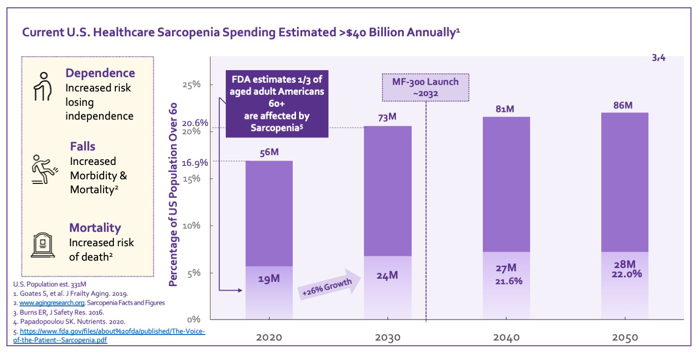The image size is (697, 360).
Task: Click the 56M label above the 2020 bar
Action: (x=269, y=152)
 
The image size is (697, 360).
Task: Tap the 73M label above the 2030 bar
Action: (x=387, y=117)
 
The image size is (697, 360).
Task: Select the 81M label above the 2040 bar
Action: (x=505, y=109)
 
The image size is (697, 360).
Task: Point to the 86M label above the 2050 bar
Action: (x=623, y=105)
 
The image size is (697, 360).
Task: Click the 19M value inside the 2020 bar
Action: (x=269, y=279)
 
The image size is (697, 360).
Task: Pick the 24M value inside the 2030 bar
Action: (x=387, y=275)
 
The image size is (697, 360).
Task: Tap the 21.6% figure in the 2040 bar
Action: (x=506, y=281)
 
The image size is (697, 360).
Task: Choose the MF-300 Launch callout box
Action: (x=425, y=87)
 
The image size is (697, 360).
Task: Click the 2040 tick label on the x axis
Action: (x=506, y=338)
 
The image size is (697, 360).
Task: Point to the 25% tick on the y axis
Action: (x=191, y=85)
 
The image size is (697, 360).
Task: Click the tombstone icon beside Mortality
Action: (x=43, y=245)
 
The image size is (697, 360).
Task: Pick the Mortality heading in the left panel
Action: (x=95, y=228)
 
